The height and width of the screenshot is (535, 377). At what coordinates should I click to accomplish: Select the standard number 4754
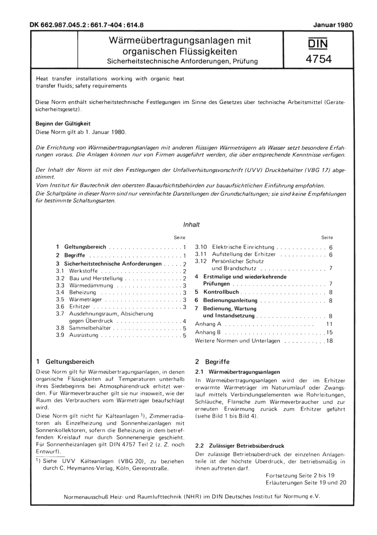click(x=319, y=59)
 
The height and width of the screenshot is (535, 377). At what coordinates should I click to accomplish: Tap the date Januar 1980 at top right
click(x=333, y=25)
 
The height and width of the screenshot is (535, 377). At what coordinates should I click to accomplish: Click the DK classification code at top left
click(x=86, y=25)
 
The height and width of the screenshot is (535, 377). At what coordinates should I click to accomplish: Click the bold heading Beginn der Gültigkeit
click(x=63, y=124)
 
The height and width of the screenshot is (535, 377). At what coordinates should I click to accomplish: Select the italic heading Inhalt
click(x=191, y=225)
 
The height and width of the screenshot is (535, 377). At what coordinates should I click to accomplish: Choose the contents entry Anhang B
click(x=208, y=332)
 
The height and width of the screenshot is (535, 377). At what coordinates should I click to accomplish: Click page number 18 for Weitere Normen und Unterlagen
click(x=329, y=341)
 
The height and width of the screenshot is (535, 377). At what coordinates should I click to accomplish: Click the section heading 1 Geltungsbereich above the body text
click(x=65, y=362)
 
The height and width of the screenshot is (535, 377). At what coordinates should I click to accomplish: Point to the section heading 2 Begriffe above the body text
click(x=212, y=362)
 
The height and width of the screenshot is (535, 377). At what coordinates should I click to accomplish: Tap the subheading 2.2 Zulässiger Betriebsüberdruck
click(x=240, y=446)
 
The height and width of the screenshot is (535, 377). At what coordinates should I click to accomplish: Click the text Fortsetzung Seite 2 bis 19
click(x=300, y=475)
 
